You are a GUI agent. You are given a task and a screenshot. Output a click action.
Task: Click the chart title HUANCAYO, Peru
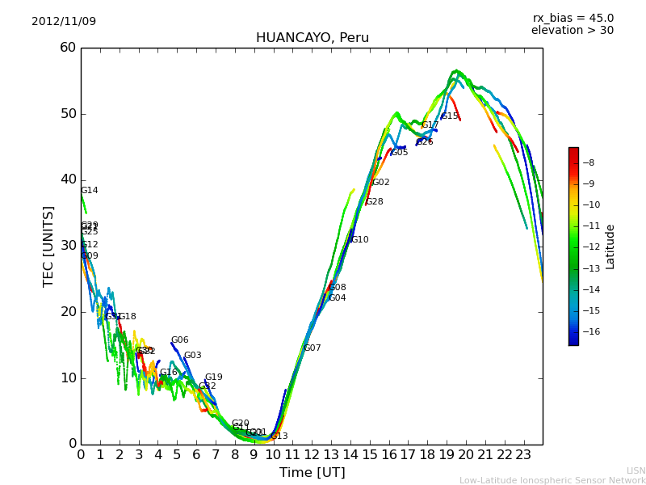point(312,38)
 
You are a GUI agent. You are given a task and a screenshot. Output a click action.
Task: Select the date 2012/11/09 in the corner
point(64,22)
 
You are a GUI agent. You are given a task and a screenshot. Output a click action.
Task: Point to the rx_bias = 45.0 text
point(573,19)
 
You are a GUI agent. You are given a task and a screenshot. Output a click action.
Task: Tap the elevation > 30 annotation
point(572,31)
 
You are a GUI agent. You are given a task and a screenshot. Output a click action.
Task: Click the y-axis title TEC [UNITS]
point(48,246)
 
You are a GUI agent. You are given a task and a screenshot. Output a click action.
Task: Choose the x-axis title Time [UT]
point(312,473)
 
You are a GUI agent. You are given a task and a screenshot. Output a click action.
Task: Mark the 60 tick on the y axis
point(68,48)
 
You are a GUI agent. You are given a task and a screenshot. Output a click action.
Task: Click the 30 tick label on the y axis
point(68,246)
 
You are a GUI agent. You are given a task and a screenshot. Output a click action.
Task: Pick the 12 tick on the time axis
point(312,455)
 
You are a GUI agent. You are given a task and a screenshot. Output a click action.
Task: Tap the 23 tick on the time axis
point(523,455)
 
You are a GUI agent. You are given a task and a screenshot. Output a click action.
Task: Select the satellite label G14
point(89,191)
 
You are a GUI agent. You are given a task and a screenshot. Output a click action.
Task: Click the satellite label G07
point(313,348)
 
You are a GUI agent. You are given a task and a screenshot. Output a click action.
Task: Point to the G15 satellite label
point(450,116)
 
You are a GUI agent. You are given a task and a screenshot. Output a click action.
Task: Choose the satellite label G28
point(375,202)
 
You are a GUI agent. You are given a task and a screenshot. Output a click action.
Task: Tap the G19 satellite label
point(213,377)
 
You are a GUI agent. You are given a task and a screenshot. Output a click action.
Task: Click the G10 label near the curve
point(359,240)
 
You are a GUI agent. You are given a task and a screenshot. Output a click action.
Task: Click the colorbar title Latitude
point(610,247)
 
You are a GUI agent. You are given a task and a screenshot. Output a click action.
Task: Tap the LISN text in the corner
point(636,470)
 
